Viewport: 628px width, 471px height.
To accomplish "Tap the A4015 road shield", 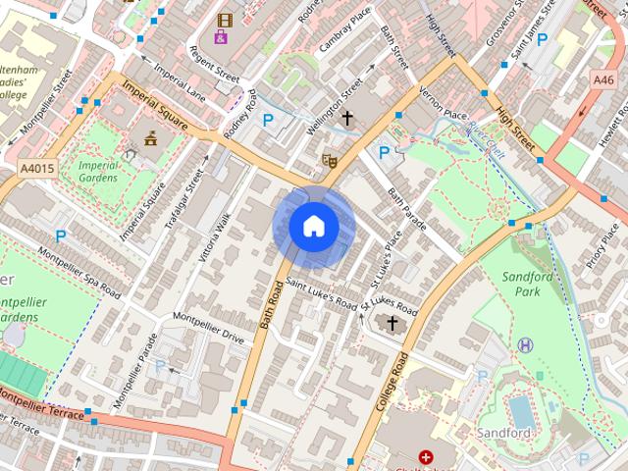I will (x=35, y=170).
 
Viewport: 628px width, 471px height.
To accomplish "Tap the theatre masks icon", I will (x=330, y=159).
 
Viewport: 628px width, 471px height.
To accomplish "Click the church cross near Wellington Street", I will (x=347, y=119).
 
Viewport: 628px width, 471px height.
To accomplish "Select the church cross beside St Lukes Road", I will (x=392, y=323).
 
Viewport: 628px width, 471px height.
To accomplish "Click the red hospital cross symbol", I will (x=426, y=457).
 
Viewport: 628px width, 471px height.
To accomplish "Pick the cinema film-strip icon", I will (x=226, y=20).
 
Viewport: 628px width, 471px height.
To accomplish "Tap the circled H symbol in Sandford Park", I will (x=527, y=344).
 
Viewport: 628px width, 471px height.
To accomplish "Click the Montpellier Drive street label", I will (x=208, y=327).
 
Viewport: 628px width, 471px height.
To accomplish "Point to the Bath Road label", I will (x=265, y=314).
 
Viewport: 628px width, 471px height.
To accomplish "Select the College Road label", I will (x=391, y=379).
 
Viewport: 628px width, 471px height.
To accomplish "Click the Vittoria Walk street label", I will (x=215, y=237).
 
